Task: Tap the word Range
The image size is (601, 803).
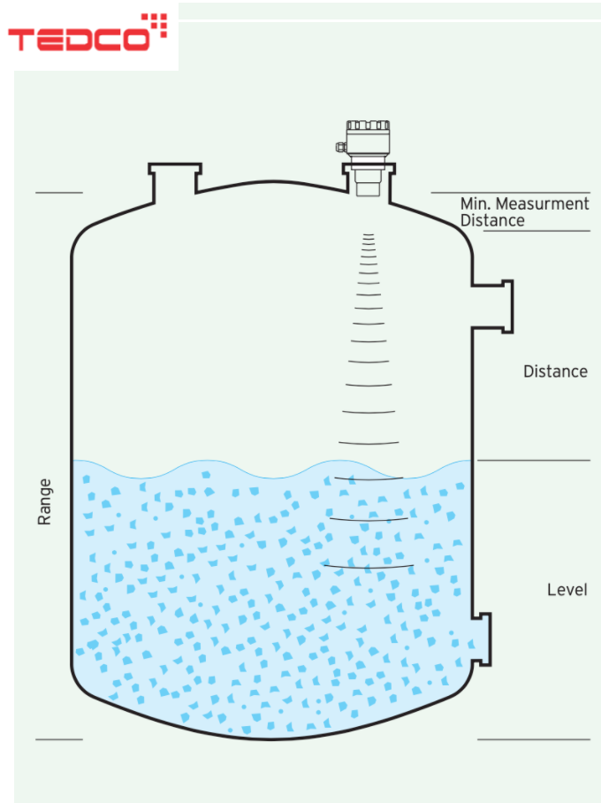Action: pos(44,502)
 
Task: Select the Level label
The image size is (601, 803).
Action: pos(567,590)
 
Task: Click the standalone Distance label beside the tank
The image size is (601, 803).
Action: pos(555,371)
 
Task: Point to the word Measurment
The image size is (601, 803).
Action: pos(543,203)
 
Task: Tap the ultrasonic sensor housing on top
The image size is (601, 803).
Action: pos(367,138)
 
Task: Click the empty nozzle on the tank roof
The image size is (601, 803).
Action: pos(175,182)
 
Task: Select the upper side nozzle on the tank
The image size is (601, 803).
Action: pos(493,307)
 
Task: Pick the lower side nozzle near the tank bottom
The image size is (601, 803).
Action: pos(482,639)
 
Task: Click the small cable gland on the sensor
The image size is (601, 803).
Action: pos(341,147)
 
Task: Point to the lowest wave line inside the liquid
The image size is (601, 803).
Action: pos(369,566)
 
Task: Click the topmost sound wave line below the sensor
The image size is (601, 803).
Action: pos(369,235)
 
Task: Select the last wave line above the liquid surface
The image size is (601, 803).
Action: pos(369,442)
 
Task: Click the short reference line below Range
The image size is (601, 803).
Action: pos(59,739)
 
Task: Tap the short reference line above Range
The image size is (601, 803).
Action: pos(59,193)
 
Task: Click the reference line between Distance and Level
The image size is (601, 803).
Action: pos(534,461)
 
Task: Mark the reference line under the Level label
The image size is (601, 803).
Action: pos(534,739)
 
